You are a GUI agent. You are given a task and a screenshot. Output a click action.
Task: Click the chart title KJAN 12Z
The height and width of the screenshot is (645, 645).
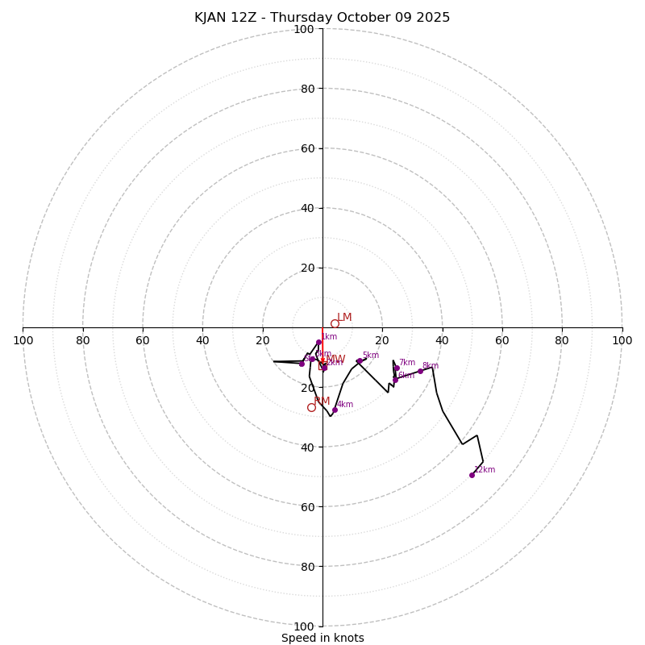click(322, 18)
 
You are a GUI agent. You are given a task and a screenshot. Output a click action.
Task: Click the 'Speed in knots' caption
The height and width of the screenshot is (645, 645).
click(322, 638)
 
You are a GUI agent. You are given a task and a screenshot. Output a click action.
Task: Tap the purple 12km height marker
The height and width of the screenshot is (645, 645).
click(472, 475)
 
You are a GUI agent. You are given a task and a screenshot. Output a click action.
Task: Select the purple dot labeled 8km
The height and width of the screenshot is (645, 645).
click(420, 371)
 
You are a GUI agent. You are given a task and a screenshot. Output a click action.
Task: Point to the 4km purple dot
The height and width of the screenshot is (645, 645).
click(335, 410)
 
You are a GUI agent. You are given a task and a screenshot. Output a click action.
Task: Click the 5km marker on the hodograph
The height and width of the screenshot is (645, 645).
click(360, 361)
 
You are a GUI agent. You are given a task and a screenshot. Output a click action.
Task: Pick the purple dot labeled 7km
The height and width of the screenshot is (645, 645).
click(397, 368)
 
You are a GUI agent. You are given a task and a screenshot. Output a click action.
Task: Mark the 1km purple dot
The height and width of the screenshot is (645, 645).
click(318, 342)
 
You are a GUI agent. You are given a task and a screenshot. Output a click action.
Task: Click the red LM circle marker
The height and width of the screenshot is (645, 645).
click(335, 323)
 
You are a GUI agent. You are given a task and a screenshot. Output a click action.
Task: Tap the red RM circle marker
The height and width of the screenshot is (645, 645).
click(311, 407)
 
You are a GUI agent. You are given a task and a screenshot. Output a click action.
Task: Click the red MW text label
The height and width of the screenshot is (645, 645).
click(335, 360)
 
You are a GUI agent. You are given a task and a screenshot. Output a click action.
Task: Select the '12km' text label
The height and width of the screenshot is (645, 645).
click(485, 469)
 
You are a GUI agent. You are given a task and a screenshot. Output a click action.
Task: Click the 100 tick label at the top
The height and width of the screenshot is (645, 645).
click(304, 29)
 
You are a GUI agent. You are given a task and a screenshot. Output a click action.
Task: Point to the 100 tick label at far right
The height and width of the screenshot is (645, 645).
click(622, 340)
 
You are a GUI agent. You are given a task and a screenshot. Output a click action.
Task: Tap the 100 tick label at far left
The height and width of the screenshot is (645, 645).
click(23, 340)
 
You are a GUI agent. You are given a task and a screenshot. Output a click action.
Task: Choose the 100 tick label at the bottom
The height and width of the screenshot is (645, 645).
click(304, 626)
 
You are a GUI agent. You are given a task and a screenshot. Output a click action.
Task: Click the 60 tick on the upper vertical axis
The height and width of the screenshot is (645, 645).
click(307, 148)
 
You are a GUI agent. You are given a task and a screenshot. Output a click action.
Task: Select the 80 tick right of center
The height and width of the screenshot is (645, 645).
click(562, 340)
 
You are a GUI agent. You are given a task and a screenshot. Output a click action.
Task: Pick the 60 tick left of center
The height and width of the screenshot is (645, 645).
click(143, 340)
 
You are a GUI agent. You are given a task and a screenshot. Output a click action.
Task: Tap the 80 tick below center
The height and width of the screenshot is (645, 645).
click(307, 567)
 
